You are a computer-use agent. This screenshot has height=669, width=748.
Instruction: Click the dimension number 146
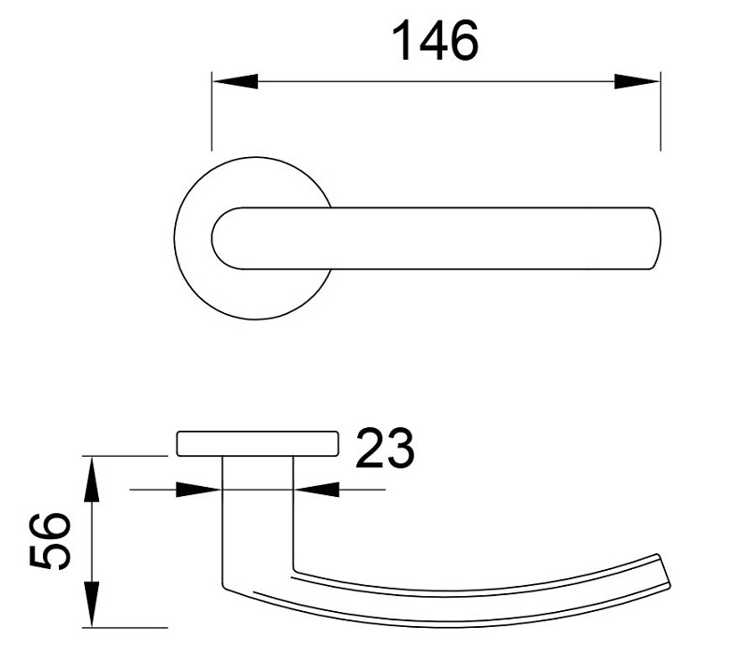(x=435, y=40)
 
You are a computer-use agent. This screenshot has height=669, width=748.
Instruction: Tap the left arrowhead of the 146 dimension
(x=234, y=81)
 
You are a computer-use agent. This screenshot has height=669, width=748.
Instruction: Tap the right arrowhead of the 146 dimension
(x=638, y=81)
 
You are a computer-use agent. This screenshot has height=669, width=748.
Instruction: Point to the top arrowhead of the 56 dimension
(x=93, y=477)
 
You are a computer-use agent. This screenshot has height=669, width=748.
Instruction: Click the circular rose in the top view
(x=192, y=280)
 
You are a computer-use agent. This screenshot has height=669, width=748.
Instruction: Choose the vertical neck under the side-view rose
(x=258, y=505)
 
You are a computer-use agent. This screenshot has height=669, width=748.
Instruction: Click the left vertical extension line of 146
(x=212, y=112)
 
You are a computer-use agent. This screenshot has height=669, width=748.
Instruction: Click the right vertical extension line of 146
(x=660, y=112)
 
